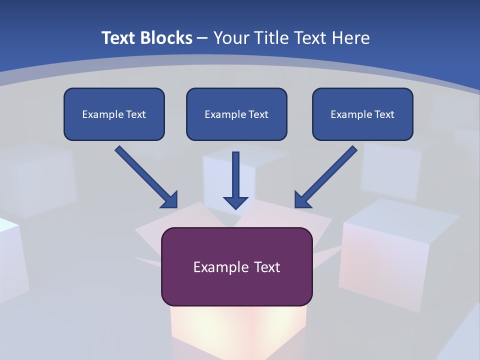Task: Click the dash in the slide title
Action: click(202, 38)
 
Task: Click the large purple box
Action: click(236, 290)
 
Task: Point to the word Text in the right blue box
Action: click(384, 114)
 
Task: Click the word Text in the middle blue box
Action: click(258, 114)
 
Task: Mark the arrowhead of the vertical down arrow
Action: click(235, 202)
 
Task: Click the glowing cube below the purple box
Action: click(237, 330)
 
